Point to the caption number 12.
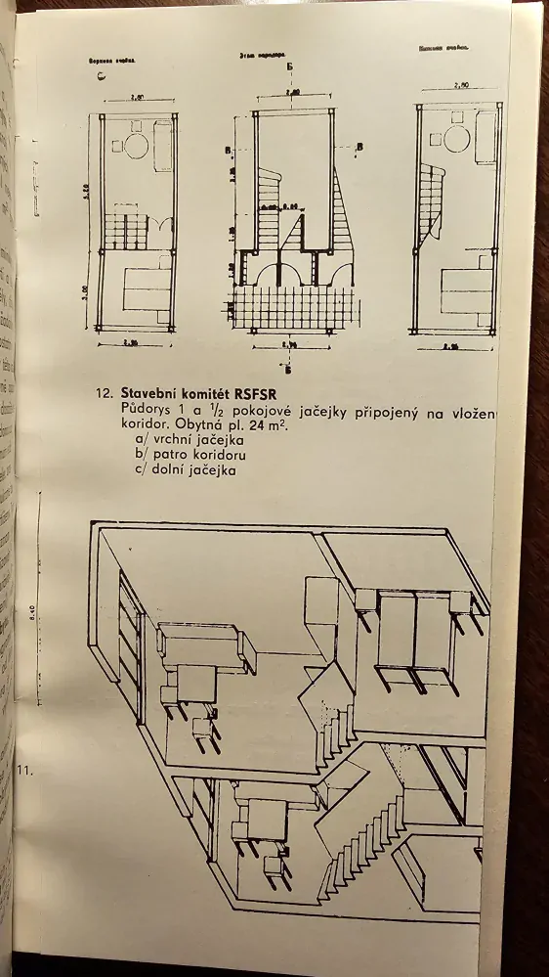[106, 394]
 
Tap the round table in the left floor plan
[139, 147]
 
